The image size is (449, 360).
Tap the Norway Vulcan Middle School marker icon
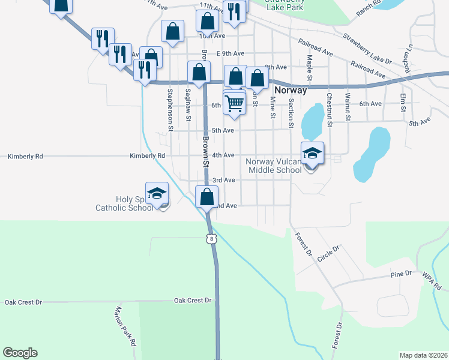(312, 154)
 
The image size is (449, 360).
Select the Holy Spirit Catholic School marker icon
(157, 194)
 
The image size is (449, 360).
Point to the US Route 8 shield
(209, 239)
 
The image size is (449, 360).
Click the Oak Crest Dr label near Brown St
(193, 300)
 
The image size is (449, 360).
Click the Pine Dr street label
(400, 274)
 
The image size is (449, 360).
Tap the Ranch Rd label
(369, 8)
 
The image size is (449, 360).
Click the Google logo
(20, 353)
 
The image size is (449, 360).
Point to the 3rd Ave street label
(223, 180)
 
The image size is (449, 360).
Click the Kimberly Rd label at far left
(25, 156)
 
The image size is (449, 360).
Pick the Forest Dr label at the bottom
(339, 336)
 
